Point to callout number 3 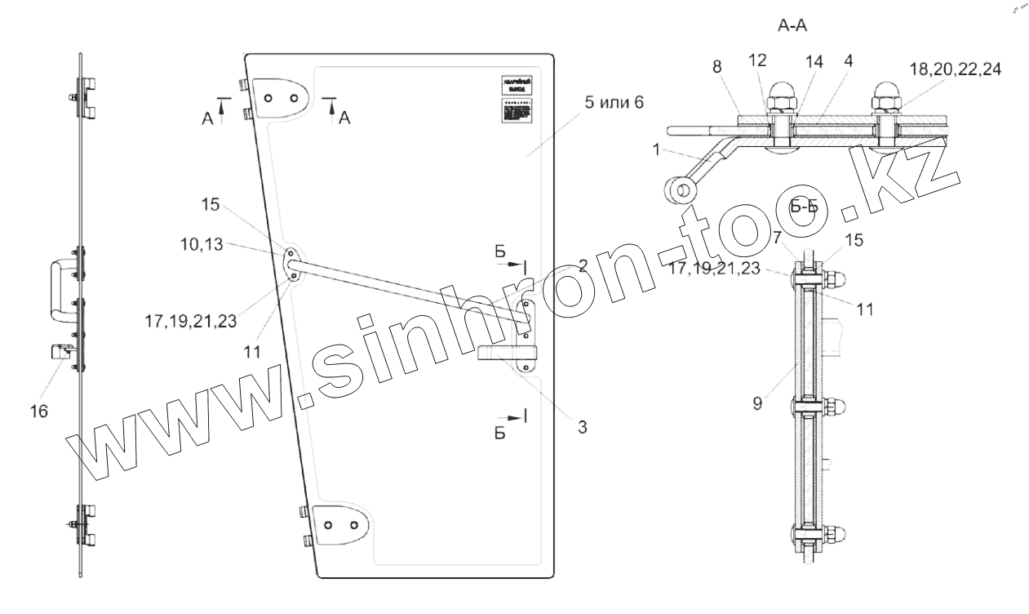coord(583,425)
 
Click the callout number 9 coord(758,403)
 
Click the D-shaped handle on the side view coord(60,290)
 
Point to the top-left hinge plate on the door coord(280,96)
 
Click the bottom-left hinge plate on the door coord(342,524)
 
